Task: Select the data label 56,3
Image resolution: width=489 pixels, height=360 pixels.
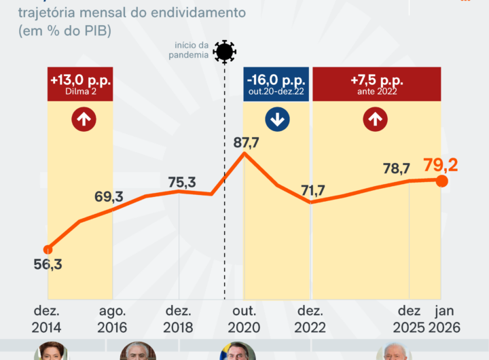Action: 48,265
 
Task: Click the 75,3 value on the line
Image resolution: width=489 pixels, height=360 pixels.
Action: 181,181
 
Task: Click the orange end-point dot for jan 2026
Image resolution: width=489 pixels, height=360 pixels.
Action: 441,181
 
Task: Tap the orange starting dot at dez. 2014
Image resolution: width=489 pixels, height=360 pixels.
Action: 48,249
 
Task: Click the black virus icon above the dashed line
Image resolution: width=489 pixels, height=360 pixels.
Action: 224,52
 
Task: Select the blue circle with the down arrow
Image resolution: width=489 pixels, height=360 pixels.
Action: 277,120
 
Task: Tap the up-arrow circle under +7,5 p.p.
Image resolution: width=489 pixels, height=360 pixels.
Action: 374,120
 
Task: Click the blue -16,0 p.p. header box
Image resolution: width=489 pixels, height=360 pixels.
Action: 276,84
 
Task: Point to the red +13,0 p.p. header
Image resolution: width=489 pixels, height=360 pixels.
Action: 81,84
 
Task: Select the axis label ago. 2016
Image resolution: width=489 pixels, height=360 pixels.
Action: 113,319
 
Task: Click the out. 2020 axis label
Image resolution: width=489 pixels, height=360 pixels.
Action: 244,319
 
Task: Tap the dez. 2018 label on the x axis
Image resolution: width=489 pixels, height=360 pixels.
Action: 178,319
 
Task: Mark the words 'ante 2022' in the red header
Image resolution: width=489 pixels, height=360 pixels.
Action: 375,92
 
